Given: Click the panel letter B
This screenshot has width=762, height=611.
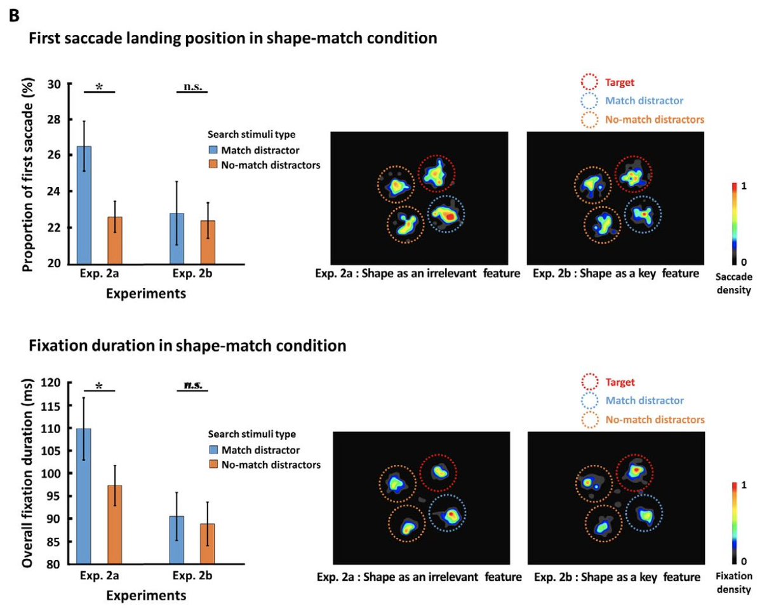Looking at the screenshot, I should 13,15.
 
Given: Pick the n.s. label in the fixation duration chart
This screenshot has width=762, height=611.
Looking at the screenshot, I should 192,385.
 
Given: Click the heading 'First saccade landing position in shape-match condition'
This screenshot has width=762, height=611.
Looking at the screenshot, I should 232,38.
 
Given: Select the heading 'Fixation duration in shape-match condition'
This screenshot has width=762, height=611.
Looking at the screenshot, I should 187,346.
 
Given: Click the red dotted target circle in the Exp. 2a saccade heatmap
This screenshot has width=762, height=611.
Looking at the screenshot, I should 436,173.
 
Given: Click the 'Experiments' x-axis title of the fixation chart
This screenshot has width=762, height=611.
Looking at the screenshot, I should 146,596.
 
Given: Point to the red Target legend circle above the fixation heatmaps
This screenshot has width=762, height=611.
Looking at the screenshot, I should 590,383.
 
